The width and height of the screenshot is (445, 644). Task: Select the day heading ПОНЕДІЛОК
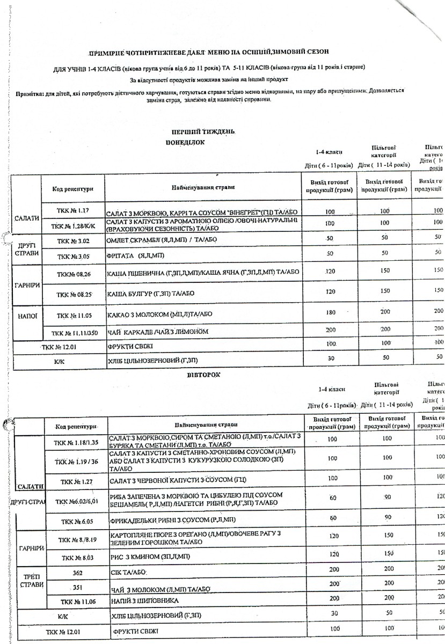coord(186,142)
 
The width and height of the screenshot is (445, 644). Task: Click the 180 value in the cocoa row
coord(330,312)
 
